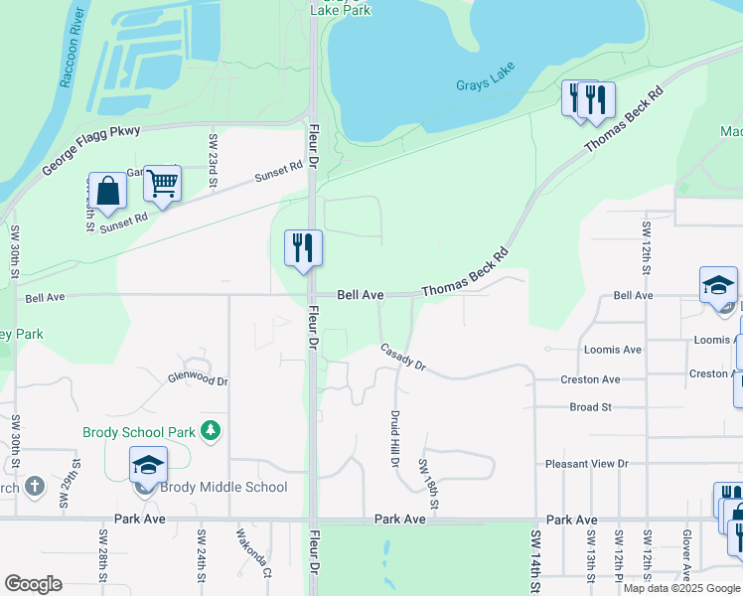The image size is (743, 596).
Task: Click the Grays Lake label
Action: (486, 85)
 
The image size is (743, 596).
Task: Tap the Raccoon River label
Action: (73, 50)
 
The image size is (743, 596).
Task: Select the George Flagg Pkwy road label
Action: (92, 151)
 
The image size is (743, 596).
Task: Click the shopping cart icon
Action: (162, 183)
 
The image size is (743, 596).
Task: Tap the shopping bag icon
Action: (108, 191)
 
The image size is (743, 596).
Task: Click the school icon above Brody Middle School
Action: (148, 464)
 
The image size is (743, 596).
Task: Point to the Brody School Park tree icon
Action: (210, 430)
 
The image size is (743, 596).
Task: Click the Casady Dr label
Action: (402, 358)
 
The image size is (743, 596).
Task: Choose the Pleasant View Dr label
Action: (587, 464)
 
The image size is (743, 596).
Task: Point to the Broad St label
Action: (591, 407)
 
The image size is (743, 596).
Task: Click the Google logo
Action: (34, 584)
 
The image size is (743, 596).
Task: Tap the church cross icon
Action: (34, 487)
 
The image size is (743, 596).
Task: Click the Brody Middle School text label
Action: (226, 487)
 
